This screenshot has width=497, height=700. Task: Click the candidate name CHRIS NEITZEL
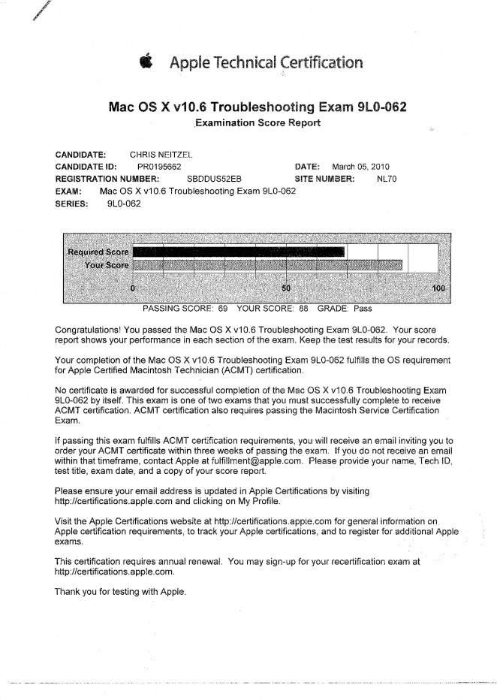[161, 155]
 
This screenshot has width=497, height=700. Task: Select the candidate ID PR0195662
[159, 167]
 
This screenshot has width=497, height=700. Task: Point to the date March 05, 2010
[360, 167]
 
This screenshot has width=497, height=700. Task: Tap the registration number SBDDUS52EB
[214, 179]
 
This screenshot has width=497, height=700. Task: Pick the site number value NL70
[386, 179]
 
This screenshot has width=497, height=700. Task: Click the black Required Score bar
[239, 252]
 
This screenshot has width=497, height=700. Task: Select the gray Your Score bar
[267, 264]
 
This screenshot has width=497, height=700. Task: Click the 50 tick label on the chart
[286, 288]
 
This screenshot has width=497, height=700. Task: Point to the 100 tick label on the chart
[439, 288]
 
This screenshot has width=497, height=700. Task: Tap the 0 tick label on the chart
[133, 288]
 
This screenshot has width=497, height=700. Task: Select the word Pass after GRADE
[363, 308]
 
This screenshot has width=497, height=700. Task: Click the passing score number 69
[223, 308]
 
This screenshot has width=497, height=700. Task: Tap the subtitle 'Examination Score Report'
[258, 122]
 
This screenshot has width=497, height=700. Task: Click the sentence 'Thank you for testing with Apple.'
[120, 592]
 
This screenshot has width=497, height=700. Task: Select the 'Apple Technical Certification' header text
[267, 62]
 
